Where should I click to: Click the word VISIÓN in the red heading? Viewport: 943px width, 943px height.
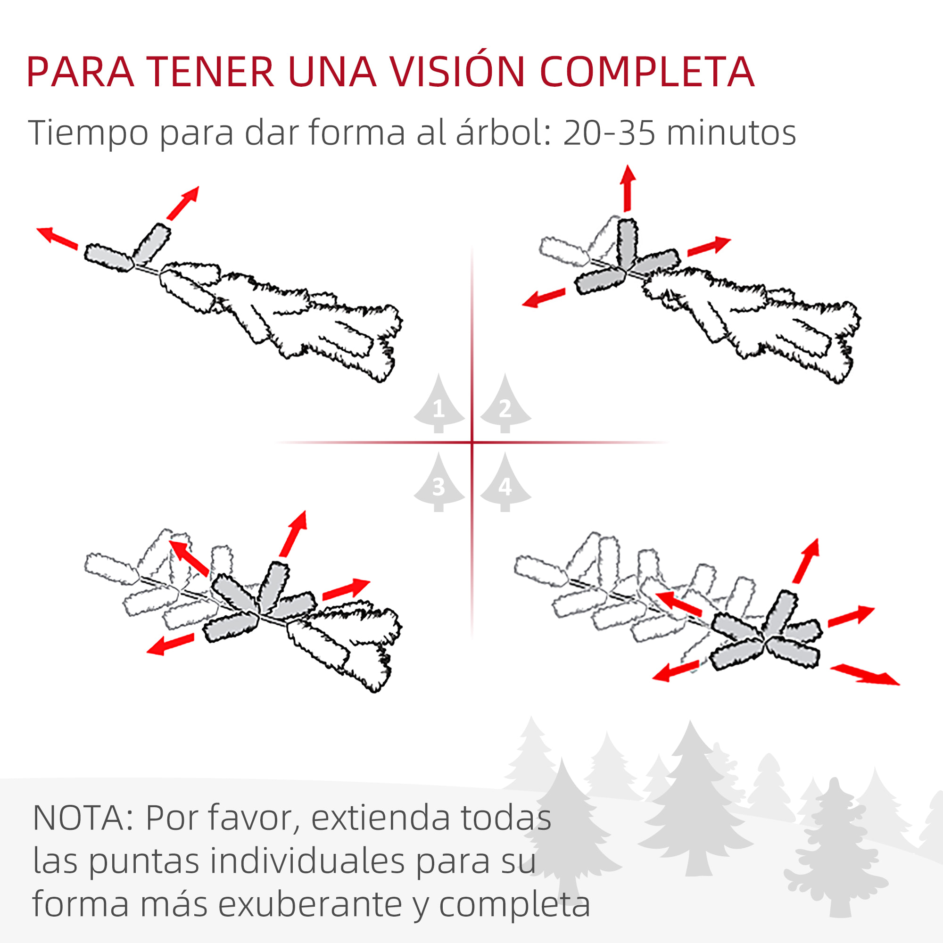click(x=458, y=72)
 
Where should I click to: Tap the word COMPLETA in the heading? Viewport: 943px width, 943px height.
click(x=647, y=72)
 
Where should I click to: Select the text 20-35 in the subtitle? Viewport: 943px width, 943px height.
click(x=609, y=133)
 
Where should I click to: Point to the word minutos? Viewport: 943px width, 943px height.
click(x=731, y=133)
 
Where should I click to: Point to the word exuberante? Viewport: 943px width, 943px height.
click(x=310, y=904)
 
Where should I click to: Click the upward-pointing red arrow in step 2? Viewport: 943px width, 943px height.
click(x=628, y=188)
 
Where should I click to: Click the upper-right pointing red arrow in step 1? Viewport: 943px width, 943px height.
click(x=183, y=203)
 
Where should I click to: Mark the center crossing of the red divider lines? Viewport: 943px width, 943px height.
click(x=472, y=442)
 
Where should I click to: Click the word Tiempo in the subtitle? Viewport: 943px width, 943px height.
click(x=88, y=133)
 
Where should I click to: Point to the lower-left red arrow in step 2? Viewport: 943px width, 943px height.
click(x=543, y=297)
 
